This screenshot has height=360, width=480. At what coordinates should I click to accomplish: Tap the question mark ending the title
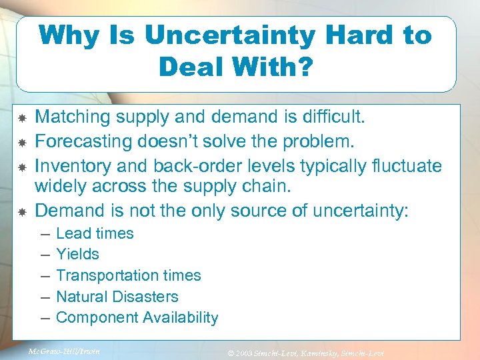[305, 67]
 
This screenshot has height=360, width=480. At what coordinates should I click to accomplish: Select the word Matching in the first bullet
[73, 117]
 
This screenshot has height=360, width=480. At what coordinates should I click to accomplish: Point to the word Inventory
[69, 165]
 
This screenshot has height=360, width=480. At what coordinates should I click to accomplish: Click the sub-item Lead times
[95, 233]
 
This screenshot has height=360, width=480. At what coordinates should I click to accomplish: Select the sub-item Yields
[77, 254]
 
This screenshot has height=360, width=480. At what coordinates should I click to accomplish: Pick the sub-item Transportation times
[128, 275]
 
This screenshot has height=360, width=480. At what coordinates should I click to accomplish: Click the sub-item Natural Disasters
[117, 297]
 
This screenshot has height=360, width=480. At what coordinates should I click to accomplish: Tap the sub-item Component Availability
[137, 318]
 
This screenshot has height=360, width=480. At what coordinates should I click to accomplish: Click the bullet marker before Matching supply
[21, 118]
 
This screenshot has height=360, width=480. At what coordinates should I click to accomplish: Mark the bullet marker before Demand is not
[21, 211]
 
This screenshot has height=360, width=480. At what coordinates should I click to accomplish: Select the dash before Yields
[44, 254]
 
